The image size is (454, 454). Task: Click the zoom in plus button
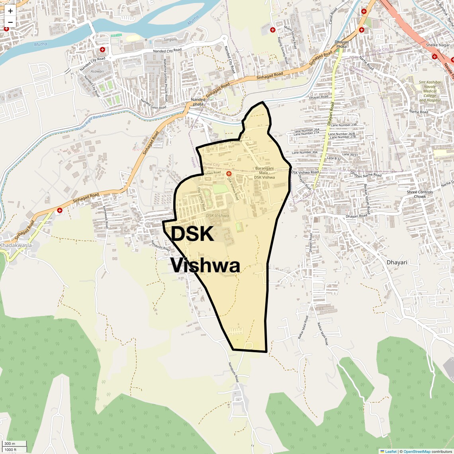click(10, 11)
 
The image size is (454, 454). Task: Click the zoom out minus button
click(10, 22)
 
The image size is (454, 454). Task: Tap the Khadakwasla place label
click(16, 245)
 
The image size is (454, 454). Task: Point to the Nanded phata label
click(198, 102)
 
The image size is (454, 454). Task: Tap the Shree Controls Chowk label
click(420, 194)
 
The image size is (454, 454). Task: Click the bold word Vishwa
click(205, 266)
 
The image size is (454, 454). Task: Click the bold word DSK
click(192, 234)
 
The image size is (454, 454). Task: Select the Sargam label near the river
click(170, 40)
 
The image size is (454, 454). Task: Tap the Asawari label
click(97, 72)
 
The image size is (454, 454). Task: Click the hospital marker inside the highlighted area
click(229, 174)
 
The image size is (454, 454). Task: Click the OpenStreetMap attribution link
click(417, 451)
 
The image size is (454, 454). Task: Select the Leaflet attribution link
click(390, 451)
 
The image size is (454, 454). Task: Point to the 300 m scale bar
click(14, 444)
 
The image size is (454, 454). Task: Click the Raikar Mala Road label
click(303, 327)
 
